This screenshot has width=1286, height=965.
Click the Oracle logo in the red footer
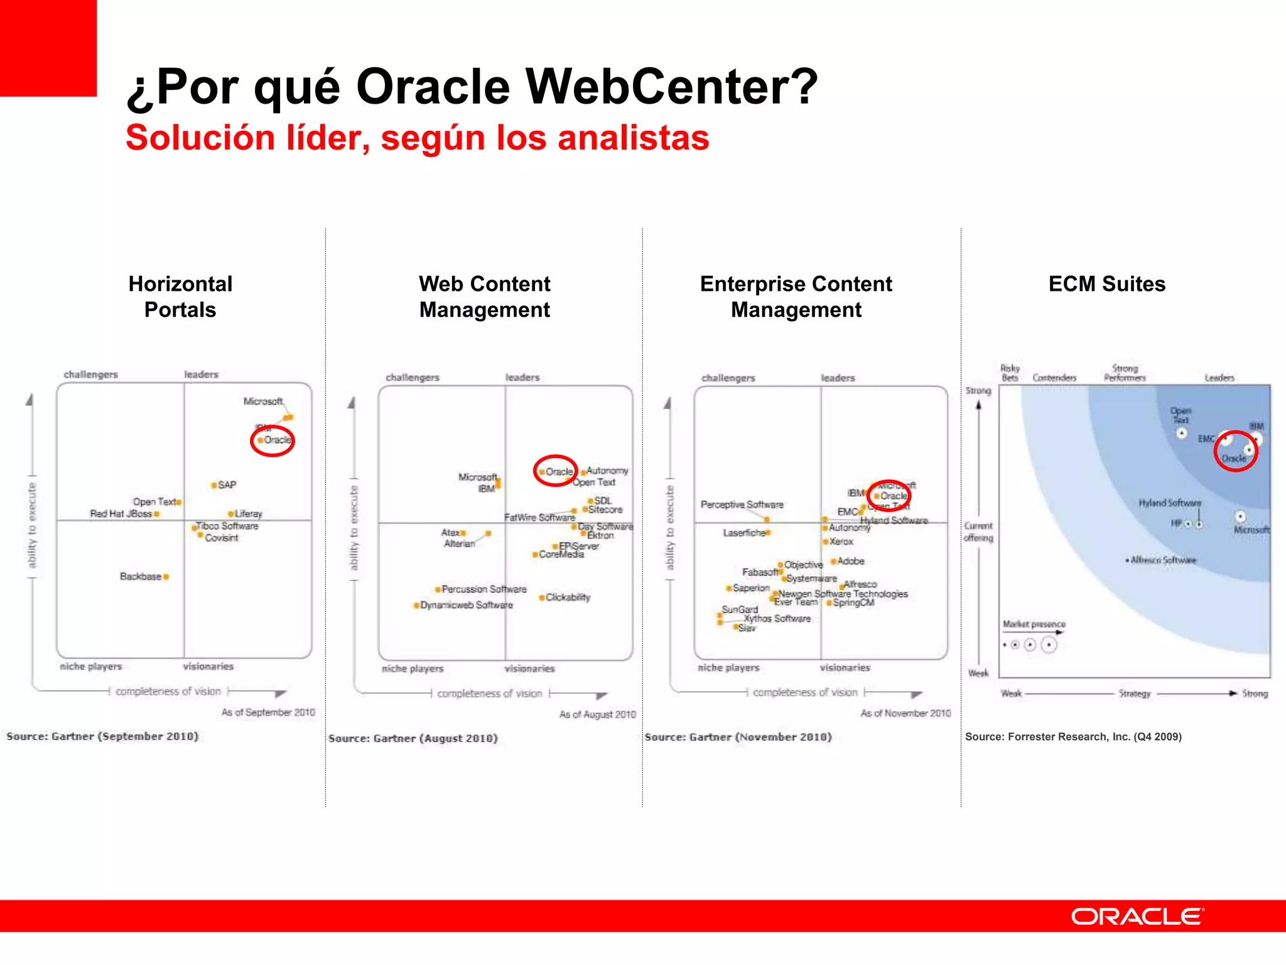[x=1137, y=917]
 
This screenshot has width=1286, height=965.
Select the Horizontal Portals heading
[x=180, y=297]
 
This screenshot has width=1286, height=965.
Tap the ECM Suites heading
[x=1106, y=284]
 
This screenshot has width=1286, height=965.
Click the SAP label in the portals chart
[x=227, y=485]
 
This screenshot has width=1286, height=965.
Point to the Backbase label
[x=141, y=577]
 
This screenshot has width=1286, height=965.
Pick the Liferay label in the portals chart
[x=248, y=514]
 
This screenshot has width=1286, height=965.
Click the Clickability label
[x=568, y=597]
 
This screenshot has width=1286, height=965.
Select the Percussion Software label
[x=484, y=589]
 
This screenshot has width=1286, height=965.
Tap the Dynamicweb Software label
[x=466, y=605]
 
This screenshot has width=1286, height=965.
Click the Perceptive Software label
[x=742, y=504]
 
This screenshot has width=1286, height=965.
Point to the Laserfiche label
[x=744, y=533]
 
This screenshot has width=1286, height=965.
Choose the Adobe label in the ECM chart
[x=851, y=561]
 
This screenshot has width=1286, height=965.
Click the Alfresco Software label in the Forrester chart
[x=1163, y=560]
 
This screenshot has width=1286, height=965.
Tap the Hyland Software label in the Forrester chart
[x=1169, y=503]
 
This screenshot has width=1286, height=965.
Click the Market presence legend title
[x=1034, y=624]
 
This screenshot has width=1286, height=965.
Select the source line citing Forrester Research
[x=1073, y=736]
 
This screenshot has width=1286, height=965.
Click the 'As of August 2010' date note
[x=597, y=714]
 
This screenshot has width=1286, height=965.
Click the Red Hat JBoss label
[x=121, y=514]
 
